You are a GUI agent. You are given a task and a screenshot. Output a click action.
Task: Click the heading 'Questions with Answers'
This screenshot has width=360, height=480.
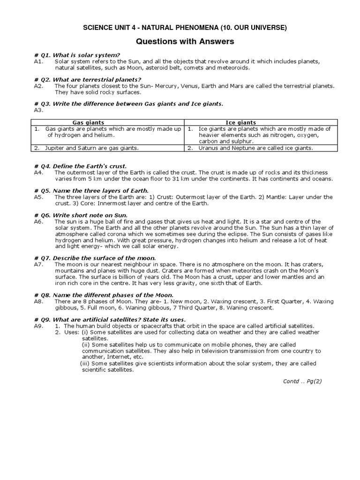click(185, 42)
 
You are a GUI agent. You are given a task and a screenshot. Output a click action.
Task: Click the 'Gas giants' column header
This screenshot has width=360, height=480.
click(88, 122)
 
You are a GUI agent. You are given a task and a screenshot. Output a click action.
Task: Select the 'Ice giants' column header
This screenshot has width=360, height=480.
click(241, 122)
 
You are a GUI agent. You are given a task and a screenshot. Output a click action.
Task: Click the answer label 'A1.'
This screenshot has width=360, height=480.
click(38, 61)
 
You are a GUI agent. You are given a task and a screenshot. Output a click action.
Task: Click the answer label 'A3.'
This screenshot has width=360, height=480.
click(38, 110)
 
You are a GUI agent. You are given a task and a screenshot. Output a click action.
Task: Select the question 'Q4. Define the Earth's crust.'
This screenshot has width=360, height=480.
click(83, 166)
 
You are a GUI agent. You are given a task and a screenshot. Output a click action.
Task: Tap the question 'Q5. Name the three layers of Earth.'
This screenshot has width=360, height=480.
click(91, 191)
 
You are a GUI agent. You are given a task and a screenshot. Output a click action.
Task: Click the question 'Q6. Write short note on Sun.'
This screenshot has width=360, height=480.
click(82, 215)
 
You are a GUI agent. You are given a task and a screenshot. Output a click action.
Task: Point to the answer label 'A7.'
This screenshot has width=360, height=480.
click(38, 264)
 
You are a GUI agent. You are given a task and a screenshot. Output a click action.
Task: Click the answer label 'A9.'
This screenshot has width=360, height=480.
click(38, 326)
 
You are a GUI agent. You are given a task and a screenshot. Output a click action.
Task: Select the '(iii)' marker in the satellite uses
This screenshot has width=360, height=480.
click(85, 363)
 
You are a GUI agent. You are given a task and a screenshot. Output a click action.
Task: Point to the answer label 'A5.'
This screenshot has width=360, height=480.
click(38, 197)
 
